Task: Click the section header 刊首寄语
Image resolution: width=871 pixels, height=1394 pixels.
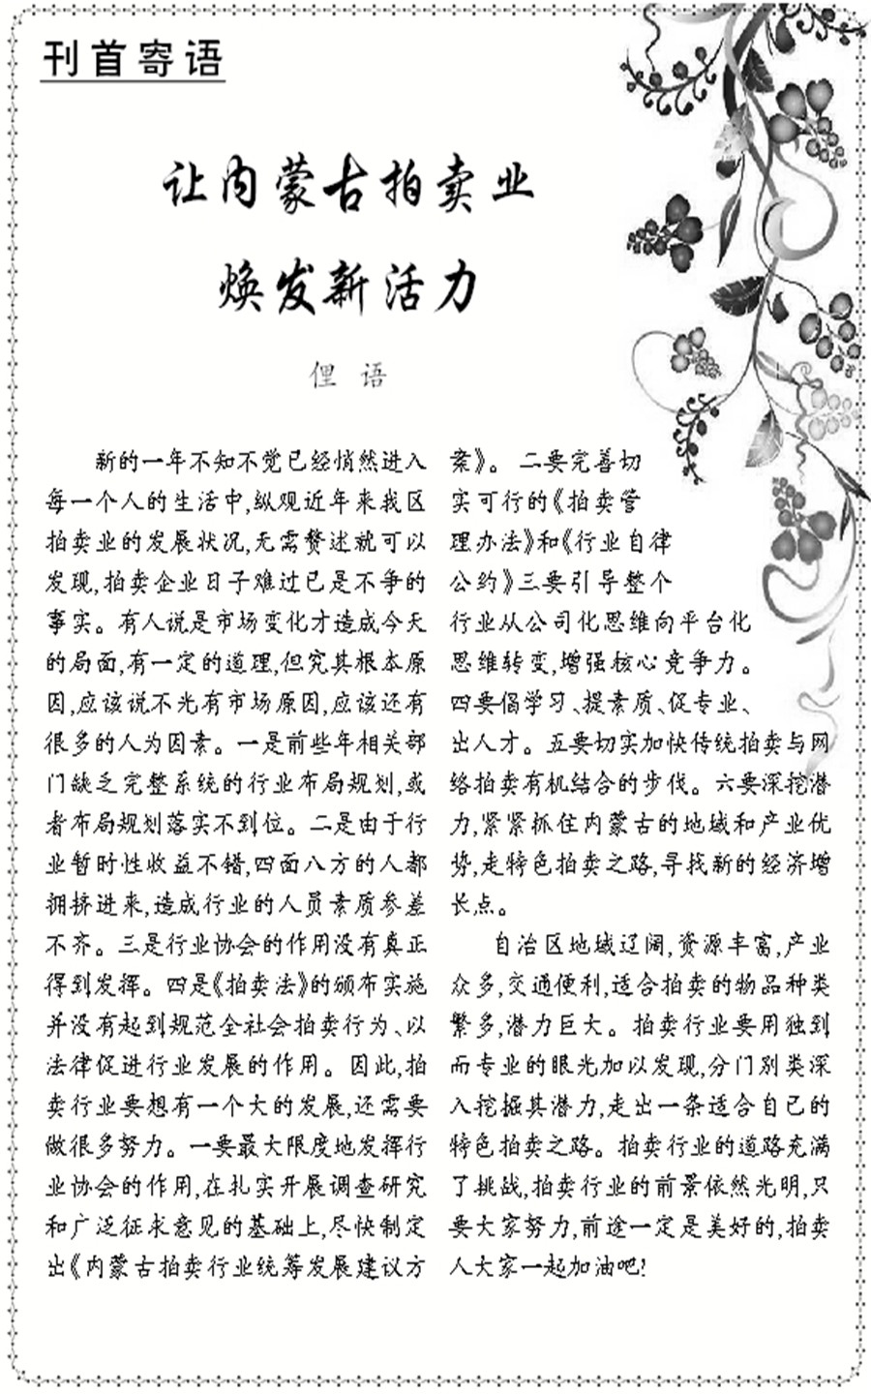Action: (134, 59)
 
